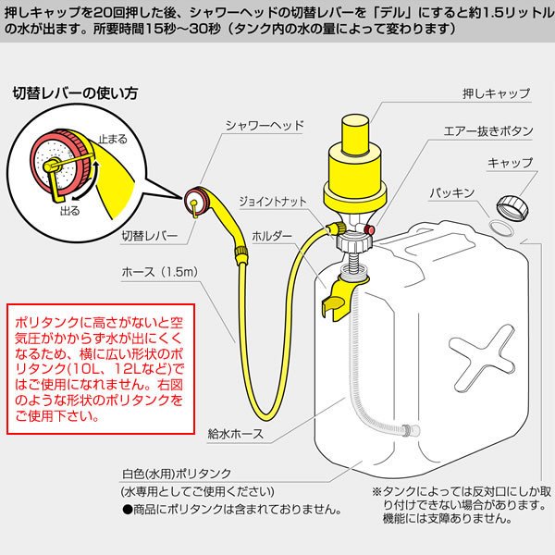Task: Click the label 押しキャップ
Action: pyautogui.click(x=496, y=94)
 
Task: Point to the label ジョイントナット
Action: pyautogui.click(x=269, y=200)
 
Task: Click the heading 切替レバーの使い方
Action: pyautogui.click(x=75, y=93)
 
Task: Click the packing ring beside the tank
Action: pyautogui.click(x=503, y=228)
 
